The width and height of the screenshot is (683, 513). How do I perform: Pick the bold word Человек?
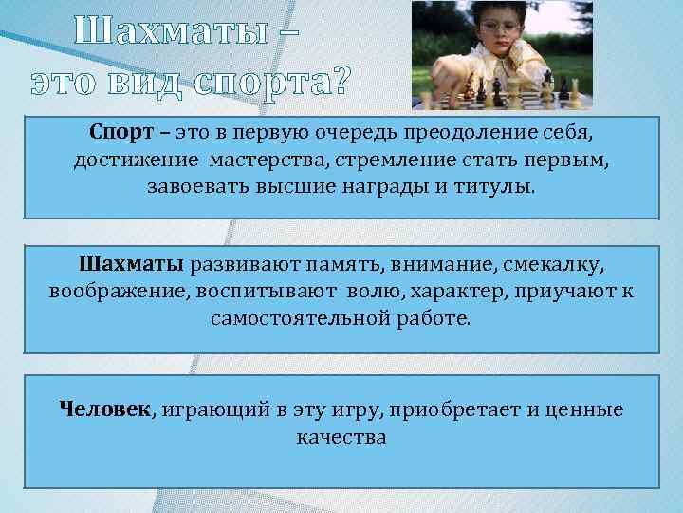pyautogui.click(x=105, y=409)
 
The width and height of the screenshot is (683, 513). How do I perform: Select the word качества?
pyautogui.click(x=341, y=438)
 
